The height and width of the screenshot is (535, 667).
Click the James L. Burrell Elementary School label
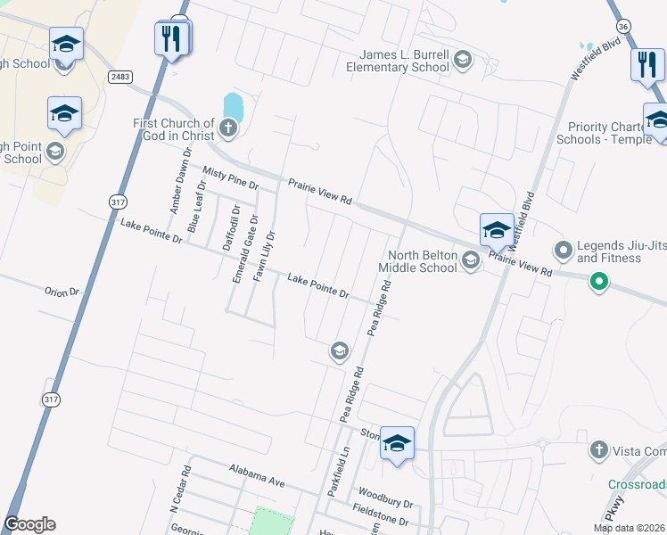pos(398,61)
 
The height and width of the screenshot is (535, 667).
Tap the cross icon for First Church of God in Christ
pos(228,129)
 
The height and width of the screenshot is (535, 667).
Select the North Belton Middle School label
pos(417,261)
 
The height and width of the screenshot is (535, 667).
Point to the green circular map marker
pos(599,284)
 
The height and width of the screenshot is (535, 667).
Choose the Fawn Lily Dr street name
pos(265,256)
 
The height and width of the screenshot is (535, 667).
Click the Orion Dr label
pos(62,292)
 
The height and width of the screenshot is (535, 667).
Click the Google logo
pos(29,524)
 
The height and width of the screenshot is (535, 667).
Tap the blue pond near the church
pos(232,108)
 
